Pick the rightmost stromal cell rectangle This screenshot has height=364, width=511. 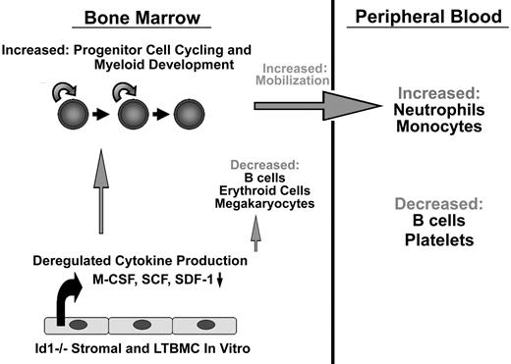click(x=206, y=325)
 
